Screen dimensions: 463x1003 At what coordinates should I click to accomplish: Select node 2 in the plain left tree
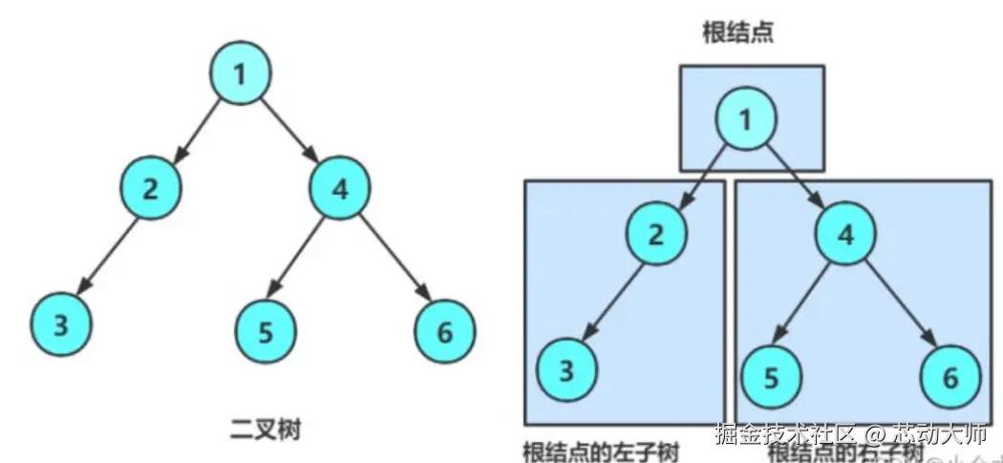point(151,186)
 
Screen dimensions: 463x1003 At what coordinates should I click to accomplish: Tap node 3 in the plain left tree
point(61,325)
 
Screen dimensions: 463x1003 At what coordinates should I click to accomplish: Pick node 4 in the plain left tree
point(339,186)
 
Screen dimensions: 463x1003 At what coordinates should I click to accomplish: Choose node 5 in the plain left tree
point(265,331)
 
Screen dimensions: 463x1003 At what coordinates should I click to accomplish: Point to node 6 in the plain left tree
point(445,331)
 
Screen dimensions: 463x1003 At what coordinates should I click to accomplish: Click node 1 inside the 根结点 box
point(747,118)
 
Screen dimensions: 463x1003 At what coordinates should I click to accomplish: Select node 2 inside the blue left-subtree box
point(655,233)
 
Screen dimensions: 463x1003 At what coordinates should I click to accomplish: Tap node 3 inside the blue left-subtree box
point(566,369)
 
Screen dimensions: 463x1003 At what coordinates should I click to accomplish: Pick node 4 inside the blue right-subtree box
point(845,233)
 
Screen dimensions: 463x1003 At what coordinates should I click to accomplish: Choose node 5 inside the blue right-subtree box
point(770,375)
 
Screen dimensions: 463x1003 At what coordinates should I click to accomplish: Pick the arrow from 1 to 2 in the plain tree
point(196,130)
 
